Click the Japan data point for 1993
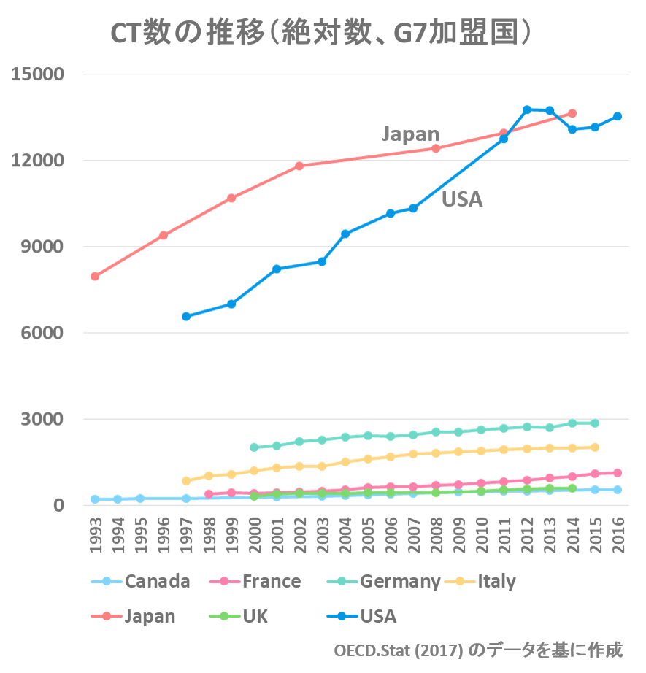point(95,277)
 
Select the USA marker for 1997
point(186,316)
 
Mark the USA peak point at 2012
point(527,109)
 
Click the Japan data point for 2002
point(299,166)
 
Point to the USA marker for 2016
point(618,116)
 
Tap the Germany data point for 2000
point(254,447)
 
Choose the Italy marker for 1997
point(186,480)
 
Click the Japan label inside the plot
point(410,134)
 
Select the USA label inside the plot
point(462,199)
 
